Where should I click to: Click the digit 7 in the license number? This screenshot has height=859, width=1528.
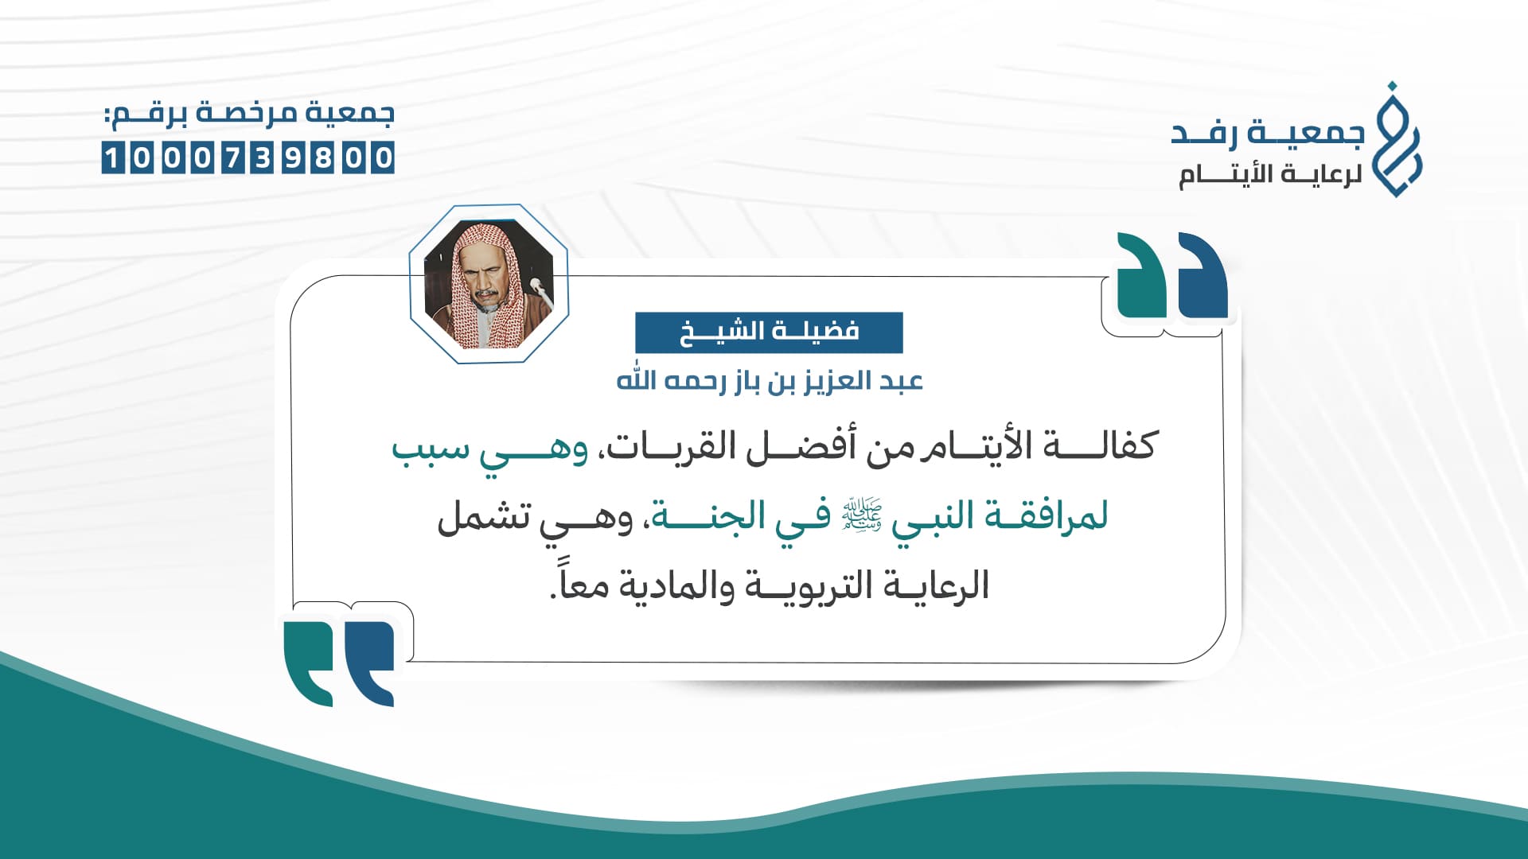pos(232,157)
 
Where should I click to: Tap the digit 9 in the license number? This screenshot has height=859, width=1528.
pos(294,157)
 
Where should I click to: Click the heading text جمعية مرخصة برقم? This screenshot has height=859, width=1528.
pos(249,113)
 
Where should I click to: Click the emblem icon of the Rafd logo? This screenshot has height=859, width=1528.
pos(1398,139)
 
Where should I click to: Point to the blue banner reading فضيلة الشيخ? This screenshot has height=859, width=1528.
pos(769,332)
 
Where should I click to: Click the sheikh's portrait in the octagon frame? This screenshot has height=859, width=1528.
pos(488,284)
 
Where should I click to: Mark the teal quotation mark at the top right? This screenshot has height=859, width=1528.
pos(1142,274)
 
